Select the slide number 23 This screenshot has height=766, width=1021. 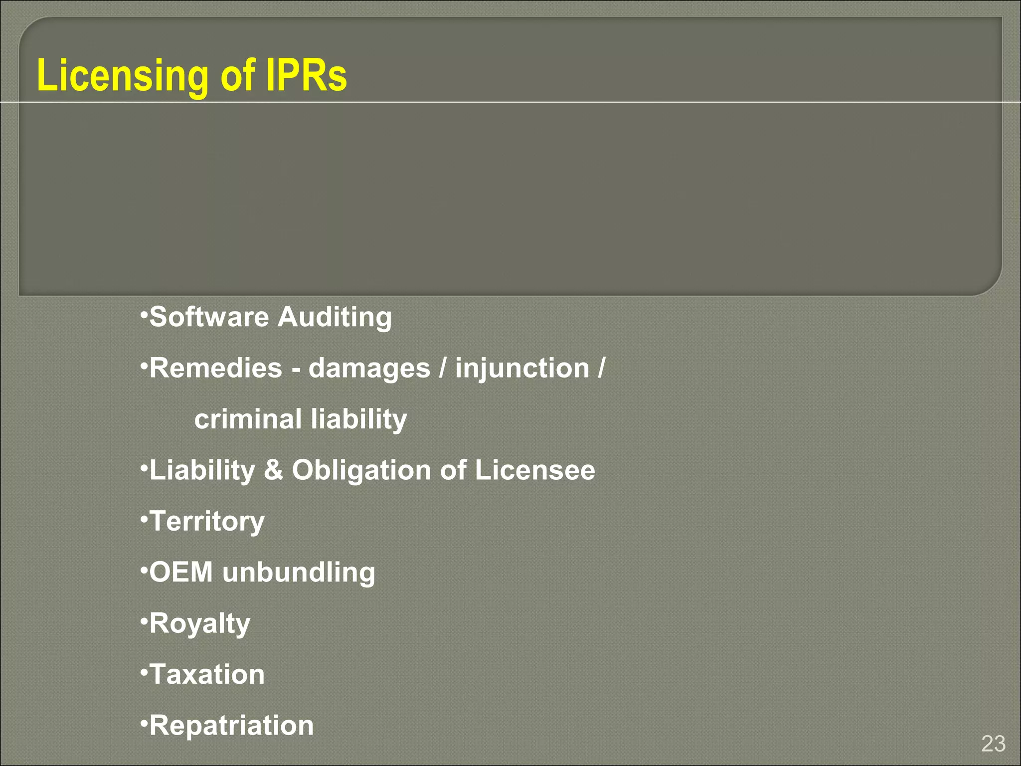(993, 744)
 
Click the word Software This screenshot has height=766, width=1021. (209, 317)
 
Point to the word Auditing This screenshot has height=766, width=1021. (335, 318)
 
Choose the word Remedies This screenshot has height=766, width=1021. (216, 368)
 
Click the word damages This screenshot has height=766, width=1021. (369, 369)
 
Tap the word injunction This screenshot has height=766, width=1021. (522, 369)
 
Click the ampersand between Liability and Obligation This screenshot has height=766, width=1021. (273, 470)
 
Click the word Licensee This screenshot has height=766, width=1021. (535, 470)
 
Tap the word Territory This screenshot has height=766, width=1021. (207, 522)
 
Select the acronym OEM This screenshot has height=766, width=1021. (181, 572)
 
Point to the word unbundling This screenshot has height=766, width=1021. (299, 573)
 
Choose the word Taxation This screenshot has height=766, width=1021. (207, 674)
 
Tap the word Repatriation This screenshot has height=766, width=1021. (231, 726)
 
